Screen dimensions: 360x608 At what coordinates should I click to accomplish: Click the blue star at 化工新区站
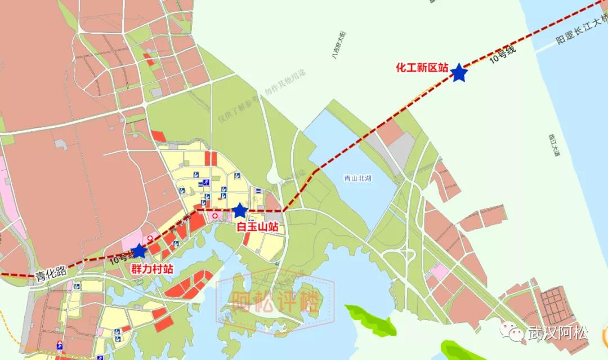(x=459, y=72)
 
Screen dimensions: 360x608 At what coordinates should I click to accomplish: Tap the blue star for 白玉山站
(x=240, y=211)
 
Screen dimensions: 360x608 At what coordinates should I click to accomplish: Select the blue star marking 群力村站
(x=138, y=251)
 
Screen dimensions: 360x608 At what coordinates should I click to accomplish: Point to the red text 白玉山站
(x=257, y=227)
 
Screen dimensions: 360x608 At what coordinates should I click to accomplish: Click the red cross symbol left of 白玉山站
(x=214, y=216)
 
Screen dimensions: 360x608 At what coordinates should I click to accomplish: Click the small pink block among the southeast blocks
(x=440, y=273)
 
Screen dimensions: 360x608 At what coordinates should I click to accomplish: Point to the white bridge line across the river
(x=569, y=42)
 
